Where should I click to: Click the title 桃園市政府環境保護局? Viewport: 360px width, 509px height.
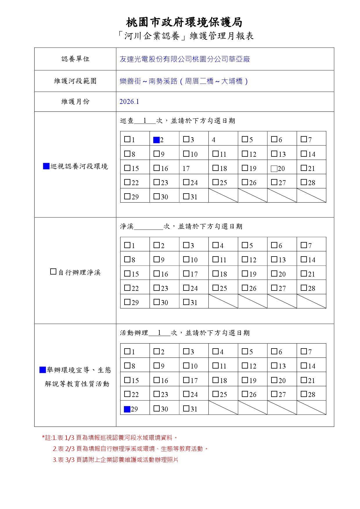184,22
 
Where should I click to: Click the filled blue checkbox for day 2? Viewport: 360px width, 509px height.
156,140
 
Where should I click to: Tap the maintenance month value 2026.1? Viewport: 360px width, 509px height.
129,102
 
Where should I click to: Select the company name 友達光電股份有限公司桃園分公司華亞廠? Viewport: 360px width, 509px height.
185,59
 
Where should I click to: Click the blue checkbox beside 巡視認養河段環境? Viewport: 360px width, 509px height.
46,166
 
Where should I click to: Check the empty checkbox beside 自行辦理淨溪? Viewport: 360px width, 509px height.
53,272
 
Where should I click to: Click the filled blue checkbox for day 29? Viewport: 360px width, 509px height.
127,409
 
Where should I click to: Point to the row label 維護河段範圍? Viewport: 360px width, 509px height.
75,81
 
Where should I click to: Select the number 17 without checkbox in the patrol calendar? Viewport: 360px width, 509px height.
186,169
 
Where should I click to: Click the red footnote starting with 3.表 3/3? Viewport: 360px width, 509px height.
115,460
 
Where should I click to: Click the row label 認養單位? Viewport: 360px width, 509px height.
75,59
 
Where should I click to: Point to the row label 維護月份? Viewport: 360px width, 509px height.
75,102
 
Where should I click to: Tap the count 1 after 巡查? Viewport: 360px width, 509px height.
145,121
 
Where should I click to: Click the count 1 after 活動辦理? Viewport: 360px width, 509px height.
159,333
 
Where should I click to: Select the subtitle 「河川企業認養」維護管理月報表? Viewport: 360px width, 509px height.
186,36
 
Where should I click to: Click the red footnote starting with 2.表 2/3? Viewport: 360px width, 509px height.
130,449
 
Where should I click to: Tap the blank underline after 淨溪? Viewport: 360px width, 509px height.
148,227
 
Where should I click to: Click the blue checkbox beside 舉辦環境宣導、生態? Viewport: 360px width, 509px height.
43,370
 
